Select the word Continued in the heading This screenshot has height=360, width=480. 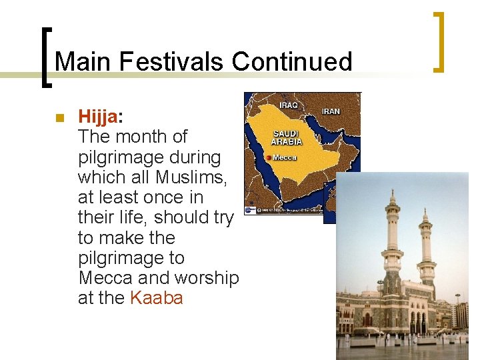[292, 61]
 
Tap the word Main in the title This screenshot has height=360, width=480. [83, 61]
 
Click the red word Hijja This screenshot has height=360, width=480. [97, 117]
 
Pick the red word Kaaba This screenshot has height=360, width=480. [157, 298]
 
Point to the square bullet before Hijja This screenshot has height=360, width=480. [59, 118]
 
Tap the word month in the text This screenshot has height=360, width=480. [139, 137]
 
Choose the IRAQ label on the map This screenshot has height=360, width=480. [289, 105]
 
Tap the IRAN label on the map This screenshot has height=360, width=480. [331, 111]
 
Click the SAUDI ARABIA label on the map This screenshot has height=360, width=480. [287, 137]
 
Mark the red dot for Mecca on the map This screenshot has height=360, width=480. [268, 158]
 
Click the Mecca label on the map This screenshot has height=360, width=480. [285, 158]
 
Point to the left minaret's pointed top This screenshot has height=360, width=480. [393, 192]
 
